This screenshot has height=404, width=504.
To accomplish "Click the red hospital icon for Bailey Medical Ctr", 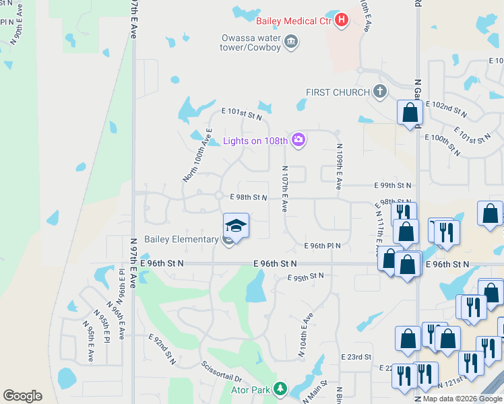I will [342, 20].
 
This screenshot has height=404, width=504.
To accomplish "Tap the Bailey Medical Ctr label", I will [294, 20].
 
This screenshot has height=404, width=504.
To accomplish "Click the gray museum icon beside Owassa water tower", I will [292, 42].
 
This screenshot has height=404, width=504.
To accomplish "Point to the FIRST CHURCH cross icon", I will [380, 92].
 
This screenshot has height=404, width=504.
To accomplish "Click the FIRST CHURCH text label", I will [338, 92].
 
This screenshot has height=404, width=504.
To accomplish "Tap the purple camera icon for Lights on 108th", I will [298, 140].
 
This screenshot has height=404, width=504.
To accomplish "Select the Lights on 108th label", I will [255, 141].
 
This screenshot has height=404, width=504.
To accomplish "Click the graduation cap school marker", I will [236, 225].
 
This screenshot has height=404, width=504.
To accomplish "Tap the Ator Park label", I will [251, 391].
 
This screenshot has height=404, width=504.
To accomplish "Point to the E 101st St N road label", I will [241, 116].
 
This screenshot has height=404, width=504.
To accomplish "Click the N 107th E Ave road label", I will [285, 190].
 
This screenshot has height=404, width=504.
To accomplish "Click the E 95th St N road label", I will [305, 277].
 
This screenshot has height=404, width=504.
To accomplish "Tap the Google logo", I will [22, 396].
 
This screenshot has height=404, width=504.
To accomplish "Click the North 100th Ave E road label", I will [197, 155].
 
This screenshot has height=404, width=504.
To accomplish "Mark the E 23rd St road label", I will [356, 357].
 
